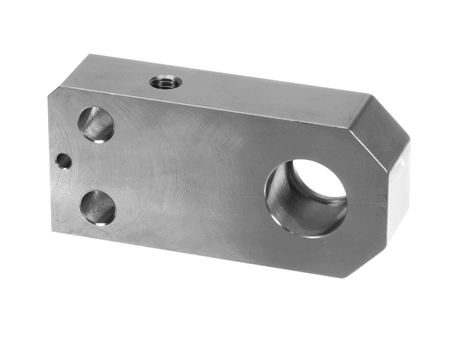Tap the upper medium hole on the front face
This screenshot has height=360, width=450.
pyautogui.click(x=97, y=124)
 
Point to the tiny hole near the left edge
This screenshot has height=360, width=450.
pyautogui.click(x=64, y=160)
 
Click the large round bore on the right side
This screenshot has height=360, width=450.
pyautogui.click(x=307, y=196)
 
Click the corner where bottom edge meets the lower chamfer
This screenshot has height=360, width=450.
pyautogui.click(x=346, y=277)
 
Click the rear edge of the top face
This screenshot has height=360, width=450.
pyautogui.click(x=225, y=73)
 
